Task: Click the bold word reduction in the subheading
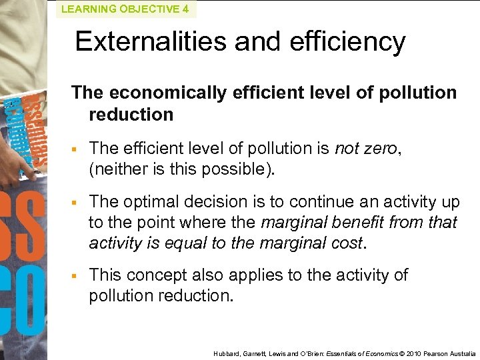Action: coord(131,114)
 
